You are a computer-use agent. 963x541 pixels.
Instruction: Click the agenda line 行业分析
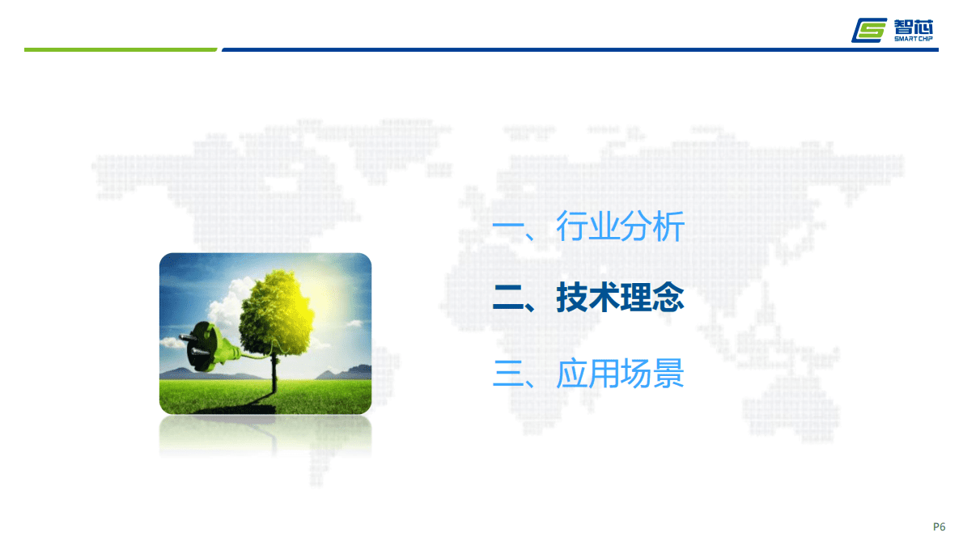[620, 227]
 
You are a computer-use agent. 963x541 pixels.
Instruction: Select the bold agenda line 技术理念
[620, 299]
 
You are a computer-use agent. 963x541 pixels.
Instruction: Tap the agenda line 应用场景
[620, 374]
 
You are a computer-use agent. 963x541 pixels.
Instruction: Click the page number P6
[939, 526]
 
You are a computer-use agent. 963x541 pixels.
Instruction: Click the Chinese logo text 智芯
[914, 24]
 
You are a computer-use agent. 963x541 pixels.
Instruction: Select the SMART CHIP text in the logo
[914, 38]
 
